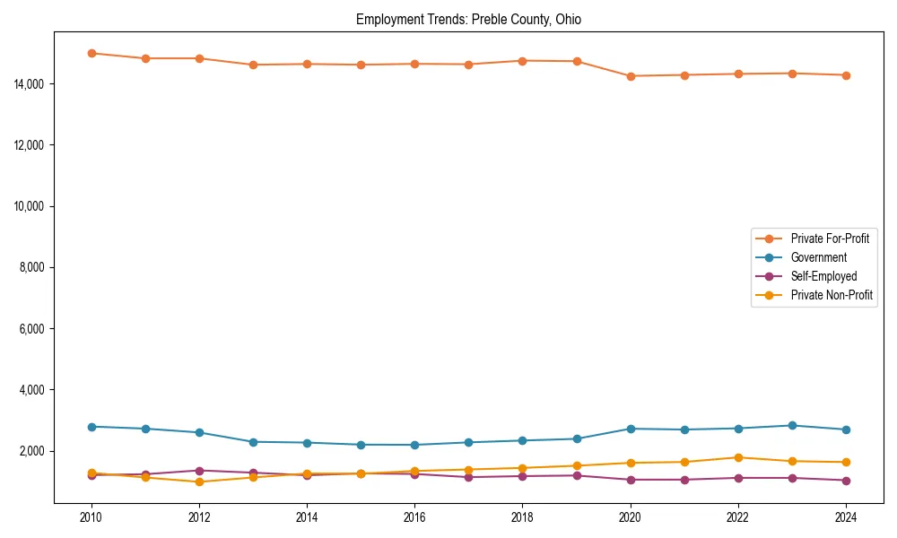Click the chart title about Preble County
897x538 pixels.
click(468, 20)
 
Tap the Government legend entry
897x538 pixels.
click(818, 257)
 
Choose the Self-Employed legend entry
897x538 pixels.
click(823, 276)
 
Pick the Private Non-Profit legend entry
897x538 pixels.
click(832, 295)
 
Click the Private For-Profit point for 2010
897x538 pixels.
click(91, 53)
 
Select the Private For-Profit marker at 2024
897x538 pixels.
click(846, 75)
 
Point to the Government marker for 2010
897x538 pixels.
click(91, 427)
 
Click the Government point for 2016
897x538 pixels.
click(414, 445)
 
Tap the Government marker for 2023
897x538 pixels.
click(792, 425)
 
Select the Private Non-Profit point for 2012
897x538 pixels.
click(199, 482)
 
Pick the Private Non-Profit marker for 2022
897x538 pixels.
click(738, 457)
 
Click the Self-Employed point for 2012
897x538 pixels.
click(199, 470)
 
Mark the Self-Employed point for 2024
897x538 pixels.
click(846, 480)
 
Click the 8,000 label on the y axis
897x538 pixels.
click(32, 267)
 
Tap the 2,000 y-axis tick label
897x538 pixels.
click(32, 451)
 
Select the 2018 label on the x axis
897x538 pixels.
click(522, 517)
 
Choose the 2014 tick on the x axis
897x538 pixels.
click(307, 517)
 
